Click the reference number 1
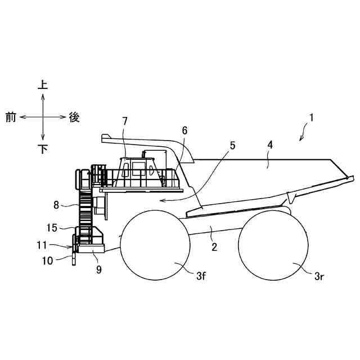[311, 119]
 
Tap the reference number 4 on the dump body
[270, 145]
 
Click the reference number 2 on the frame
[214, 245]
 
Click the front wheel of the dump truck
[154, 245]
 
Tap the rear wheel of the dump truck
[273, 245]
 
